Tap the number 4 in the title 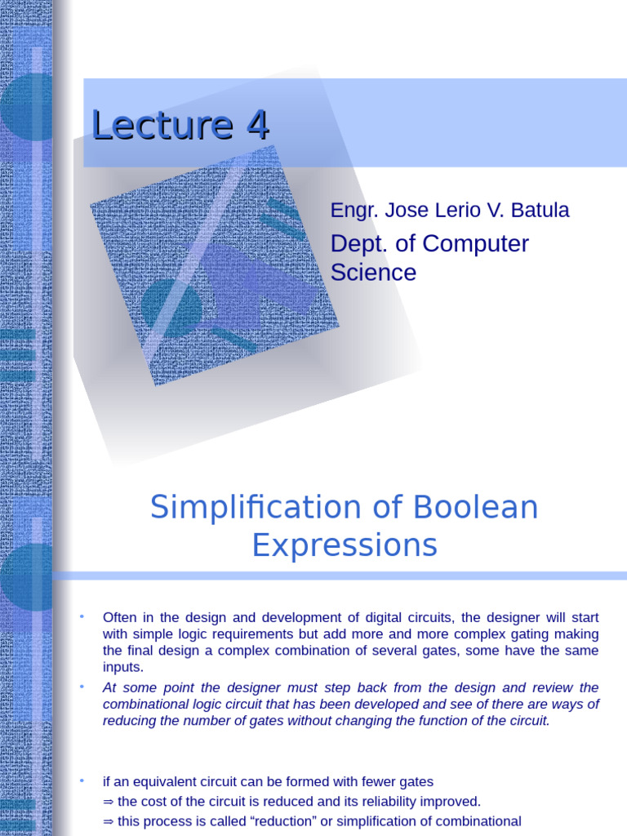(x=256, y=126)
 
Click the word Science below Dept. (x=373, y=273)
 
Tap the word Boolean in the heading (x=475, y=508)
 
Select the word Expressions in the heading (x=345, y=545)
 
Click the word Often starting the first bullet (x=119, y=616)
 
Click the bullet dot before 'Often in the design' (x=82, y=615)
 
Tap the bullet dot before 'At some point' (x=82, y=687)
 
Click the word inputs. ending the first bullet (x=123, y=668)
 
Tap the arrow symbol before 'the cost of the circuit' (x=109, y=802)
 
